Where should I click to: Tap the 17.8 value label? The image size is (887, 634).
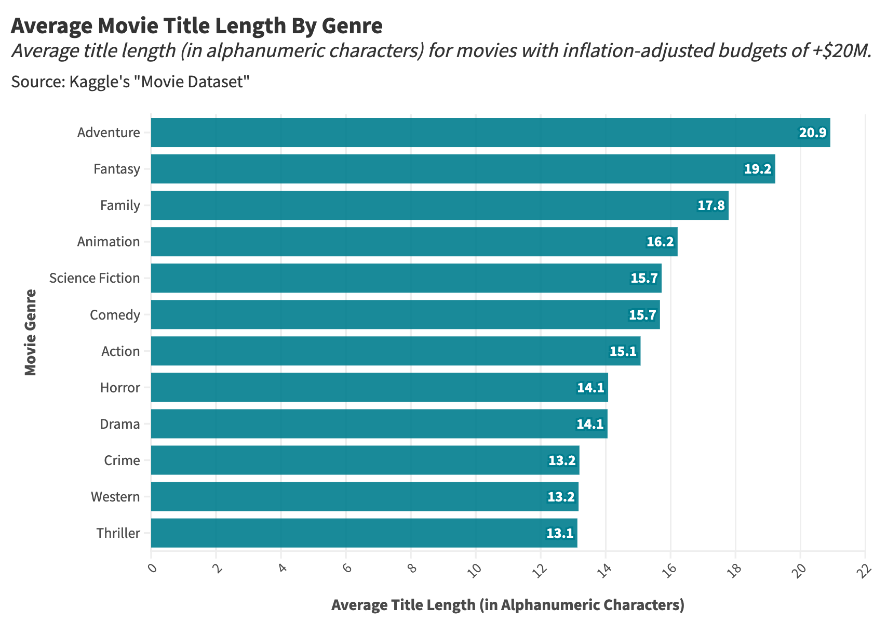710,206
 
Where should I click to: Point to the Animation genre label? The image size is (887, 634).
109,242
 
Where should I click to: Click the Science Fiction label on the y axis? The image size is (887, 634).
95,278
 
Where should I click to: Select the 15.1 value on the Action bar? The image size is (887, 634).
623,352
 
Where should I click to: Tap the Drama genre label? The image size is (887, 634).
120,424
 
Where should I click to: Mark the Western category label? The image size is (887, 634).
115,497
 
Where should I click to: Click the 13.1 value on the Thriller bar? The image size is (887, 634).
559,534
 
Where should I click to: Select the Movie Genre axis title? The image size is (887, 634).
31,333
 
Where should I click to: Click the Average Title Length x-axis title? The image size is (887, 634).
507,605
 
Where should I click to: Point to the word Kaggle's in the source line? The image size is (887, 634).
99,82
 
